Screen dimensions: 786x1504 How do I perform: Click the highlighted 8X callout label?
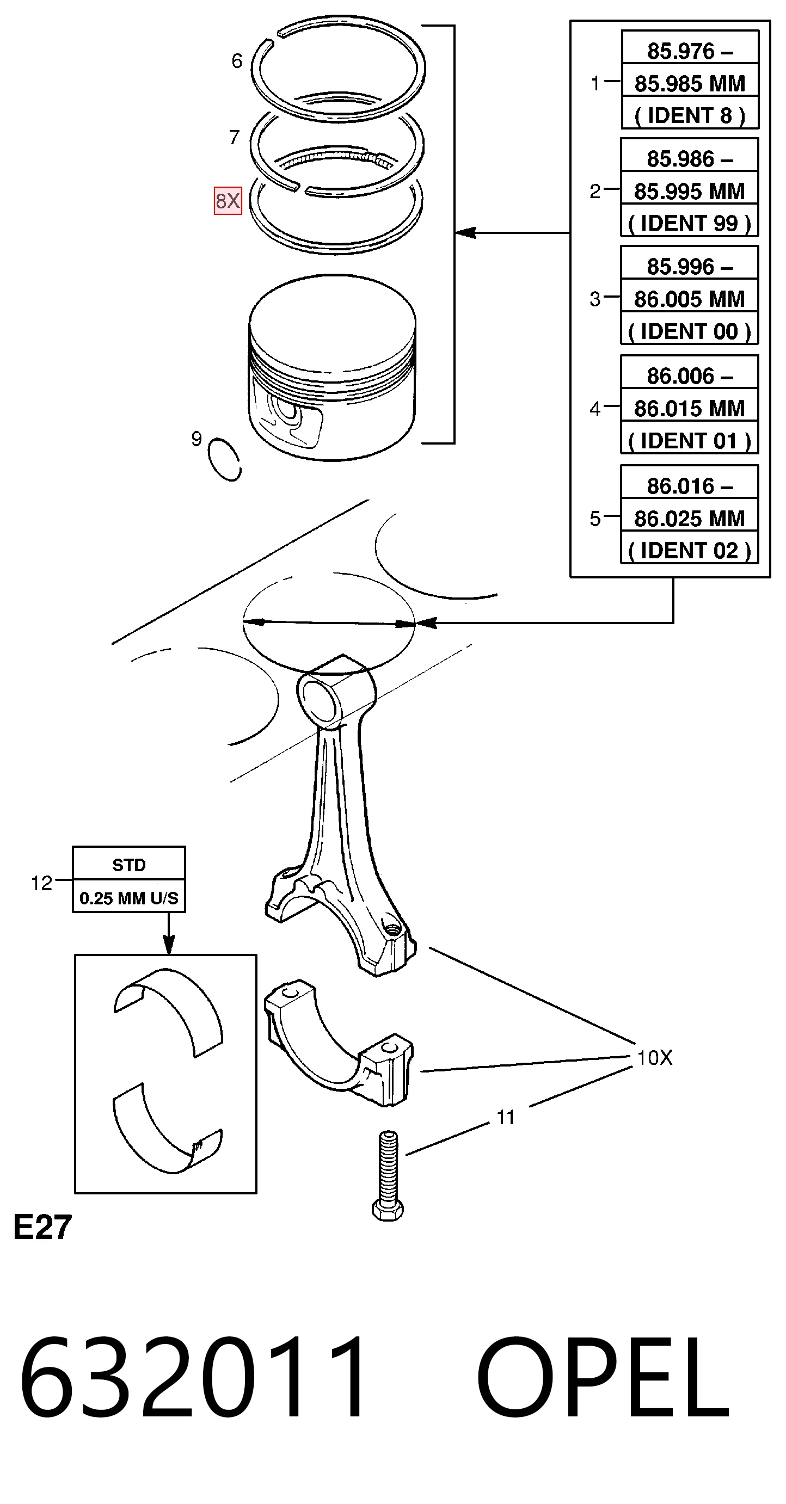click(228, 201)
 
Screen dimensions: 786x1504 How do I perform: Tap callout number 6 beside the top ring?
click(236, 61)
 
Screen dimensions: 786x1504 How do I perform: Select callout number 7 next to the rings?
click(235, 137)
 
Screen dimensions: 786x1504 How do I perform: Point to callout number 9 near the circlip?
click(197, 439)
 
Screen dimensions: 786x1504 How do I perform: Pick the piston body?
click(332, 368)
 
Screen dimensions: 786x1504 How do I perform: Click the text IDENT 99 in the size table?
click(689, 223)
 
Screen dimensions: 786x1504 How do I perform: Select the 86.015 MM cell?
click(689, 408)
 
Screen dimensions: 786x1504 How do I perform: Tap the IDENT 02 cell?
click(689, 551)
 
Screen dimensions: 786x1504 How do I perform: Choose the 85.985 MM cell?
click(690, 83)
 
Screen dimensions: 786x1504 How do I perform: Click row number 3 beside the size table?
click(594, 299)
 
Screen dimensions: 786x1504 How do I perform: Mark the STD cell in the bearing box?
click(129, 865)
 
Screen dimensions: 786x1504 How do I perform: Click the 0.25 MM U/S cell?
click(129, 897)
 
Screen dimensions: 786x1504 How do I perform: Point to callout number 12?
click(41, 883)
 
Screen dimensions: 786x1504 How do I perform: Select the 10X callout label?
click(655, 1057)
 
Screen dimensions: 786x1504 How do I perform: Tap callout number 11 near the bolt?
click(505, 1118)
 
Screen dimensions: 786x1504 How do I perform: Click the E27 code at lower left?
click(42, 1227)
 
